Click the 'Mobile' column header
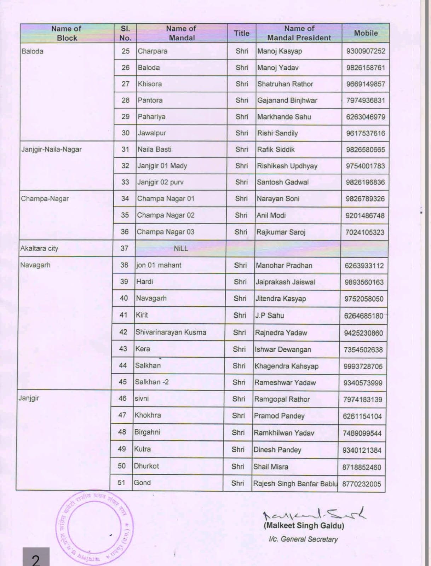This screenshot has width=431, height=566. [366, 33]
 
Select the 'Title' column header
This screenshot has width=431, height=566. [241, 33]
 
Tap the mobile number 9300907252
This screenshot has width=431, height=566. [366, 51]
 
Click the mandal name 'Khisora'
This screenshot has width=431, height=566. [150, 84]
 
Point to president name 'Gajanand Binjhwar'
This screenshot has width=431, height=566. [287, 100]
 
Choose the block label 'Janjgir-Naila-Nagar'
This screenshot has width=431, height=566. [51, 149]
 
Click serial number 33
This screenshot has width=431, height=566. [125, 182]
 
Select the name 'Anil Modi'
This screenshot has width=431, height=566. [271, 215]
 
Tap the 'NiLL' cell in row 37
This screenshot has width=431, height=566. [181, 248]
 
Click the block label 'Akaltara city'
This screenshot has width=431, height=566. [39, 248]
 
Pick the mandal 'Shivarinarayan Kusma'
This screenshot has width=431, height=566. [171, 332]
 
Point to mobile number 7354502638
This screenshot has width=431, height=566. [363, 350]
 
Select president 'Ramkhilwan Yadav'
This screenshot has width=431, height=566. [284, 433]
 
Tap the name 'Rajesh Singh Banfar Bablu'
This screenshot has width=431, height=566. [295, 484]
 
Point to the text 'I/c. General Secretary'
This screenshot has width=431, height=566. [303, 539]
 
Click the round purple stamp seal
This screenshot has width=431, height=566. [94, 527]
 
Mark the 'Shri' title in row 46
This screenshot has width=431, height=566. [239, 399]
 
